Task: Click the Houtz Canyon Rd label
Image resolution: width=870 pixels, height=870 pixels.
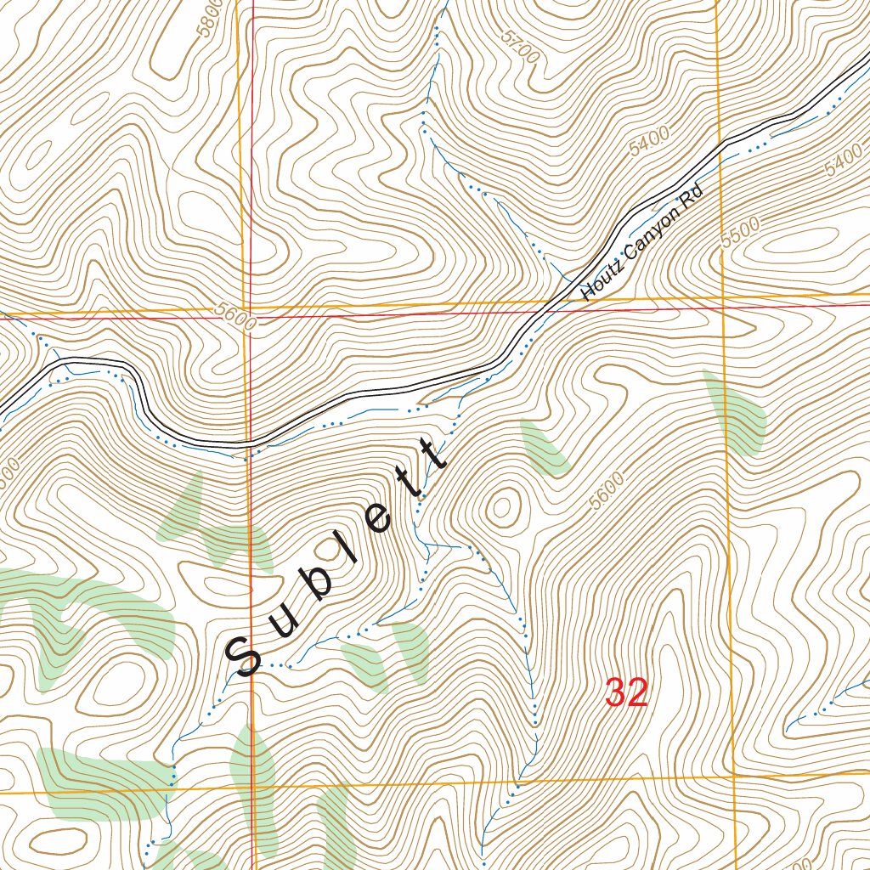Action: click(x=644, y=243)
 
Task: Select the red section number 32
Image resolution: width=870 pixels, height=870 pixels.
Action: click(x=626, y=693)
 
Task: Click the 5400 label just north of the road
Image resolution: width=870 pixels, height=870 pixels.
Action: click(x=650, y=138)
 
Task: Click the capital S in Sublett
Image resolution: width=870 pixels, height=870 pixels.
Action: click(x=244, y=656)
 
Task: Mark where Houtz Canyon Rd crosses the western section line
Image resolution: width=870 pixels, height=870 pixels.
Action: click(x=250, y=443)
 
